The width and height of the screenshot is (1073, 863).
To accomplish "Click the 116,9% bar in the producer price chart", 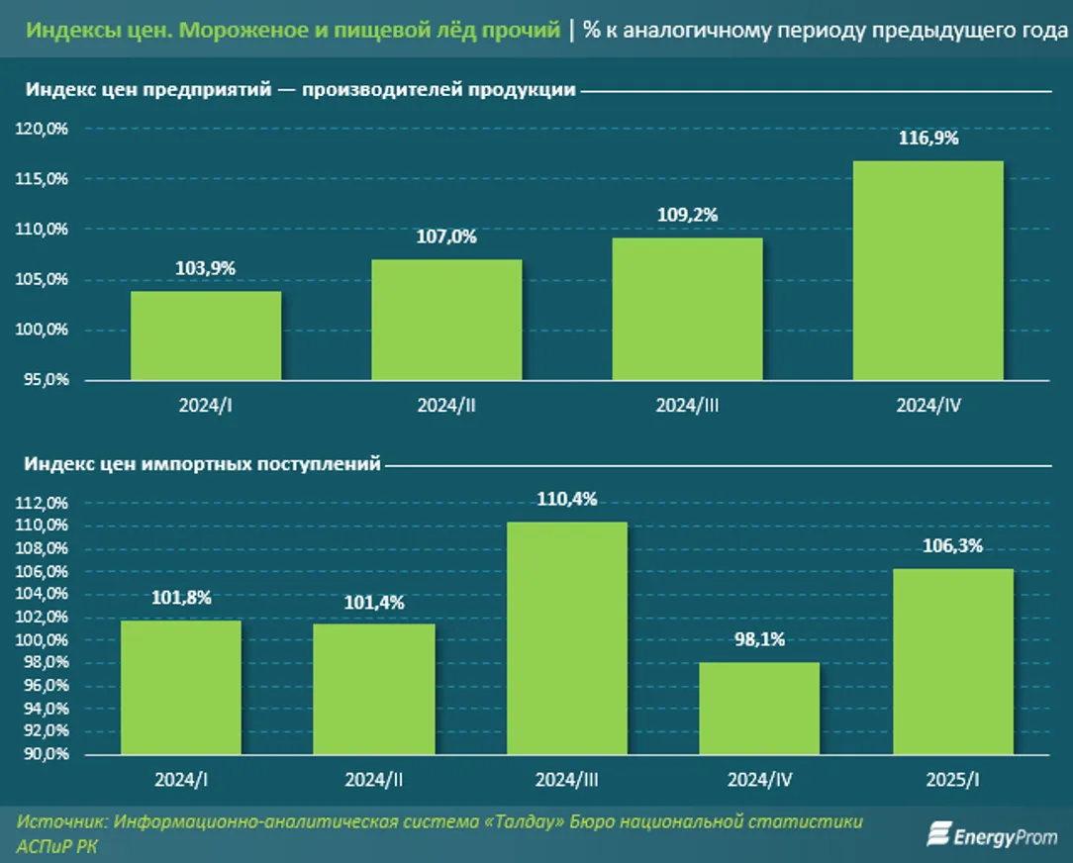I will [927, 269].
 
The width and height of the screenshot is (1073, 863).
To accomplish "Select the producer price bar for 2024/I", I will [206, 335].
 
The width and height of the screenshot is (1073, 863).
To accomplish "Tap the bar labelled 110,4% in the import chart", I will [567, 637].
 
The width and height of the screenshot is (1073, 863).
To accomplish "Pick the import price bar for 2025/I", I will [953, 661].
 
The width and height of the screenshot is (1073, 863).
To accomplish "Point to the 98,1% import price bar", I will [760, 708].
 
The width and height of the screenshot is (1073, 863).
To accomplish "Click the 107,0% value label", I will [446, 238].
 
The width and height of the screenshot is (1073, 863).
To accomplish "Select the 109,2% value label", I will [688, 215].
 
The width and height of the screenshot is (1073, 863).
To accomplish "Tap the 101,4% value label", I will [374, 603].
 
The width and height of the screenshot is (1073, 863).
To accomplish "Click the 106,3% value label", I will [952, 545].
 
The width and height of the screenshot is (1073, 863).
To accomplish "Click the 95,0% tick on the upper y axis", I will [42, 380].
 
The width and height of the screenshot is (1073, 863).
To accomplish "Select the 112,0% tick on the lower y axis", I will [42, 503].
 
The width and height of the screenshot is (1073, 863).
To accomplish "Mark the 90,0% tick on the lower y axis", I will [42, 755].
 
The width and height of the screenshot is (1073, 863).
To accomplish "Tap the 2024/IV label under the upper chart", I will [928, 406].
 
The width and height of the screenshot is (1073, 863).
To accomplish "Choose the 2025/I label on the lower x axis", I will [953, 780].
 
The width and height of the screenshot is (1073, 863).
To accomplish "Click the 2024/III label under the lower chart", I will [567, 780].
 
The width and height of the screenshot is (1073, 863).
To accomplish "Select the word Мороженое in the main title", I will [220, 30].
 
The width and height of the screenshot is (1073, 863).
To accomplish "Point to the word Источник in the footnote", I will [62, 822].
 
